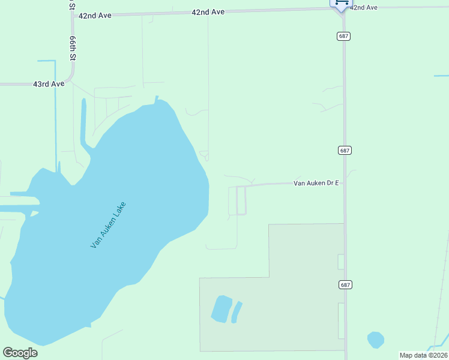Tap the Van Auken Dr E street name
click(316, 183)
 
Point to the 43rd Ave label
click(49, 85)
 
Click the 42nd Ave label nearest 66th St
click(95, 16)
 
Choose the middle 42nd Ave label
click(208, 12)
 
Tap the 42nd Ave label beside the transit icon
click(364, 7)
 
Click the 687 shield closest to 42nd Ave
click(343, 36)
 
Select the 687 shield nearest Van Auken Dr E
click(343, 150)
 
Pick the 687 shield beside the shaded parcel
click(343, 284)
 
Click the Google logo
click(20, 353)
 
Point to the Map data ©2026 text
click(423, 355)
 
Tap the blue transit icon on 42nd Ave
click(341, 4)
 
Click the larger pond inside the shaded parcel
click(221, 308)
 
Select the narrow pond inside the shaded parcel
click(237, 311)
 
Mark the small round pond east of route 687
click(375, 340)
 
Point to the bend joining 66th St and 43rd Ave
click(71, 79)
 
